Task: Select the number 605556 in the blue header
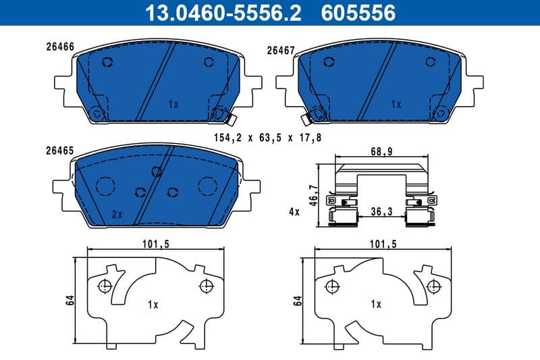click(360, 12)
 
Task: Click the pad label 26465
click(60, 153)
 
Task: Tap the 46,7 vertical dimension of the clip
click(313, 197)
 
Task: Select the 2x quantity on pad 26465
click(116, 214)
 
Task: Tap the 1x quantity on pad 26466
click(173, 105)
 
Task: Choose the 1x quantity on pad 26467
click(396, 105)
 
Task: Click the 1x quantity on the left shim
click(153, 305)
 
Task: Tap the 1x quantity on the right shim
click(376, 305)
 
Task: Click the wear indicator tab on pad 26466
click(229, 120)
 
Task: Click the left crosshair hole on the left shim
click(104, 286)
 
